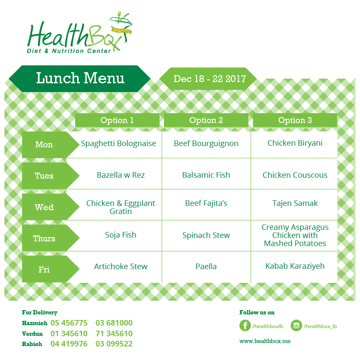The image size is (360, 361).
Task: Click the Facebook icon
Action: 245,326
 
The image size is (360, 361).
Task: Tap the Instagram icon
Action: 296,326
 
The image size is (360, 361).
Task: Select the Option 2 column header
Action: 206,120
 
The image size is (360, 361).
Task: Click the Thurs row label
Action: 44,238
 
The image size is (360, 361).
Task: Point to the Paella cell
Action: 206,267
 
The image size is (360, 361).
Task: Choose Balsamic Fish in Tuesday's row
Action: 206,175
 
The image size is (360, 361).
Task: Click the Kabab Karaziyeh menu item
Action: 295,266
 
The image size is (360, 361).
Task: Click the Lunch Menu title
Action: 80,78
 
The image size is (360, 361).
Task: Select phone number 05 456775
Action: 69,323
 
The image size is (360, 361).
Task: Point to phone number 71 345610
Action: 114,333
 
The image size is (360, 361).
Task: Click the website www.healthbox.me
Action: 265,341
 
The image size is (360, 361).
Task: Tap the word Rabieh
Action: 32,344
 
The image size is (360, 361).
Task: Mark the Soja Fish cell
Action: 120,235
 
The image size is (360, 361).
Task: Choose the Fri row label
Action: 44,270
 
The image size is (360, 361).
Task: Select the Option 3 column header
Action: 295,120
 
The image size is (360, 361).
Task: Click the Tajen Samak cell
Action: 295,203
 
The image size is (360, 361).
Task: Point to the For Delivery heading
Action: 40,312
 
